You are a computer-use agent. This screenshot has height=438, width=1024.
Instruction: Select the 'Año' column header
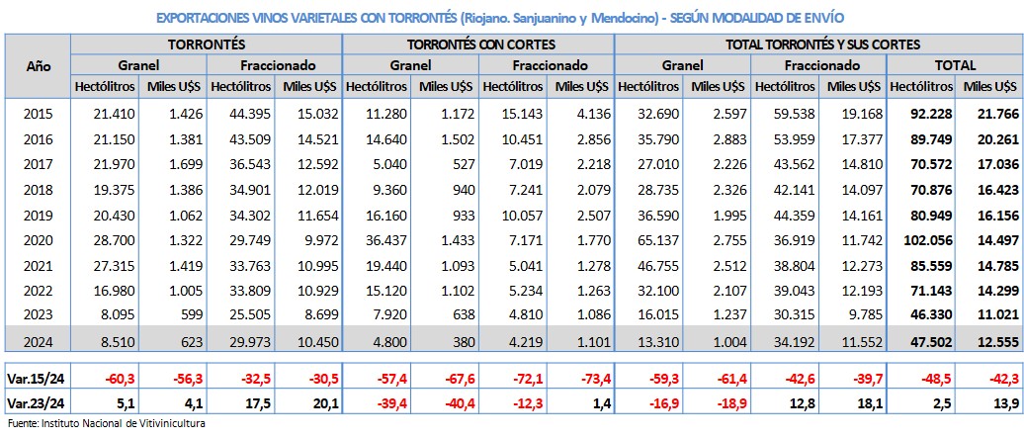[x=39, y=65]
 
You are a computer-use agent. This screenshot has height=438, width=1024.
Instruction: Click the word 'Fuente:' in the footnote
[x=22, y=423]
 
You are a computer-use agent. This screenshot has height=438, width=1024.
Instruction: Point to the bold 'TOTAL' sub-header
[x=955, y=65]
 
